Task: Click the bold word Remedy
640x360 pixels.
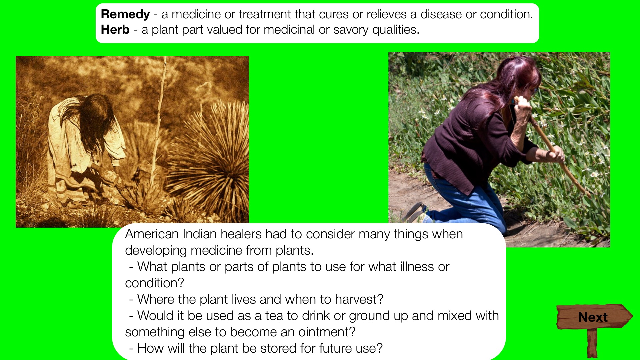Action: click(x=125, y=14)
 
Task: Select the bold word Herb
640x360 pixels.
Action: click(x=115, y=30)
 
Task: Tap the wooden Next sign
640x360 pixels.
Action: click(x=594, y=316)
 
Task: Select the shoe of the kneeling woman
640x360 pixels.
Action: click(x=415, y=211)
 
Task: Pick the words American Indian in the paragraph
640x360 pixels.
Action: click(x=171, y=234)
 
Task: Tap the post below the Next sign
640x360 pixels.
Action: click(x=592, y=343)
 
